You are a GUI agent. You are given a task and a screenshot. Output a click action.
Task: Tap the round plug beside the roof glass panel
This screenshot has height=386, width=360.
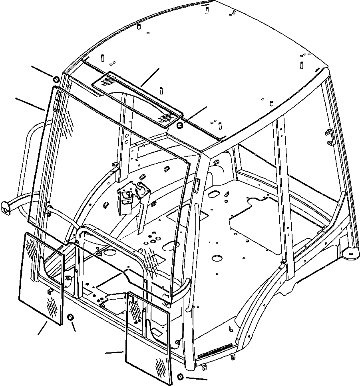179,126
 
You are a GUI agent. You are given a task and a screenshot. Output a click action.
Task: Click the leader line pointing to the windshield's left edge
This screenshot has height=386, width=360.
30,103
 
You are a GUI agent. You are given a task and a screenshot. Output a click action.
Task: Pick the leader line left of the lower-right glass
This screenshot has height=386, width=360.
114,352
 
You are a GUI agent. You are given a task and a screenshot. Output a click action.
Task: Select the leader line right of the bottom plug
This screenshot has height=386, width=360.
196,378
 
